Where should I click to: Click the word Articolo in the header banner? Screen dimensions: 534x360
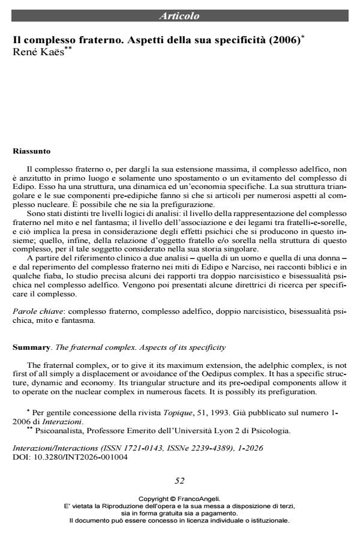179,16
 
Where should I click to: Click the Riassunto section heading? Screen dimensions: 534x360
31,151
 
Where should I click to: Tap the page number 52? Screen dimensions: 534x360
179,480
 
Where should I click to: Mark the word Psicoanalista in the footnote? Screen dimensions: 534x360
53,431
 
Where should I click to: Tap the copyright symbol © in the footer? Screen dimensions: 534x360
173,499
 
